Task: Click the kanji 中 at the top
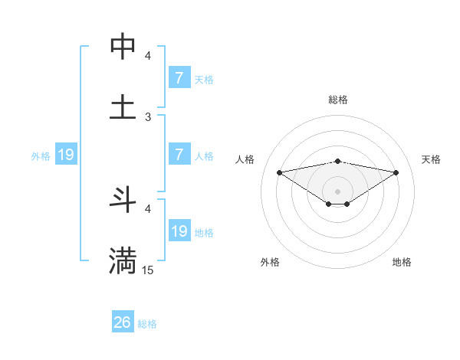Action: click(123, 46)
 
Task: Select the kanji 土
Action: click(123, 106)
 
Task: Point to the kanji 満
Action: click(123, 260)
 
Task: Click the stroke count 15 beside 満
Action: click(148, 270)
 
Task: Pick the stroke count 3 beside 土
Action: click(148, 116)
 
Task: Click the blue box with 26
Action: click(123, 322)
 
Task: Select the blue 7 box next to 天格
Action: click(179, 77)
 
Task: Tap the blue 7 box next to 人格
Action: click(179, 155)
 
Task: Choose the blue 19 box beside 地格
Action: click(179, 231)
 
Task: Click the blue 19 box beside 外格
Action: click(66, 155)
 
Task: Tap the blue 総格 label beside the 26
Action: click(147, 324)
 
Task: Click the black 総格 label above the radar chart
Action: click(338, 100)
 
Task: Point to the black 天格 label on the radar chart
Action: click(432, 159)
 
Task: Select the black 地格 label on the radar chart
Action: click(402, 262)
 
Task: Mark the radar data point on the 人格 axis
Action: click(280, 172)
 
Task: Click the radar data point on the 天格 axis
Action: click(396, 172)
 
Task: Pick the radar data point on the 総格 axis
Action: click(338, 161)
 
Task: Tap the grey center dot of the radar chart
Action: click(338, 191)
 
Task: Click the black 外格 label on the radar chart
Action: click(270, 262)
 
